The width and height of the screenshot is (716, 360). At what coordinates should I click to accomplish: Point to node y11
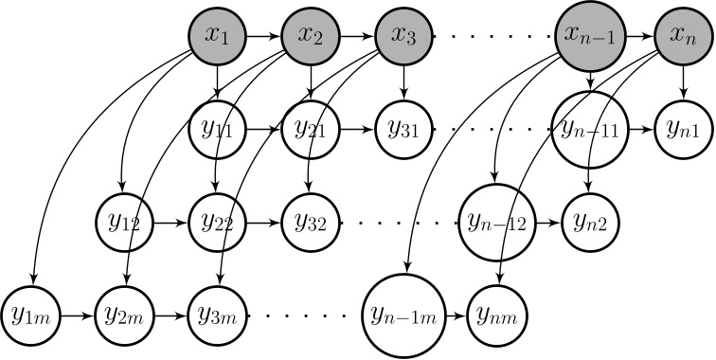(219, 129)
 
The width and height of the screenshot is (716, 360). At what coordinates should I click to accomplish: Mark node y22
(219, 224)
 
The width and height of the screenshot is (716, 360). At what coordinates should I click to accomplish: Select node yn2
(591, 224)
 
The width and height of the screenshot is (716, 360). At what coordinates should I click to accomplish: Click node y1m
(31, 312)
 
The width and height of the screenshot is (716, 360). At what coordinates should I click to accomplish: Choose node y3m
(219, 312)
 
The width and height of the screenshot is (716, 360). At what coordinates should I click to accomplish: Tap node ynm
(498, 312)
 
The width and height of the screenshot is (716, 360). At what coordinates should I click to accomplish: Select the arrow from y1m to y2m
(78, 312)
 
